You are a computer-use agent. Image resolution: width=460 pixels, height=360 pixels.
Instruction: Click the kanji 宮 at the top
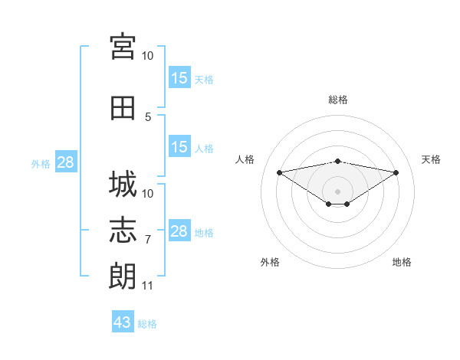123,47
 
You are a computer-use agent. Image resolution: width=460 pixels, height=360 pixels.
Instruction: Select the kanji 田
123,108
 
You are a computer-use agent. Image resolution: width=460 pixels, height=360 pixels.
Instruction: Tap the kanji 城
123,184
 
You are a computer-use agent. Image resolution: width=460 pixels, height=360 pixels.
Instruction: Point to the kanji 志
123,230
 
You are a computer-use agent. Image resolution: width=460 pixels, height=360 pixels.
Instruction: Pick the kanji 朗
123,276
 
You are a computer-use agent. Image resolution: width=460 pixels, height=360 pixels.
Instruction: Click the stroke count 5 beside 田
148,117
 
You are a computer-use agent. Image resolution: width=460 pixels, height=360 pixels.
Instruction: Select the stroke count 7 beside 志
148,240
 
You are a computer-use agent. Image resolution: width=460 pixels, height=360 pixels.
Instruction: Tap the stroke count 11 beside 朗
147,286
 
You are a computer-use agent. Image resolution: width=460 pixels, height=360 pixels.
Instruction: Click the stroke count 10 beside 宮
147,56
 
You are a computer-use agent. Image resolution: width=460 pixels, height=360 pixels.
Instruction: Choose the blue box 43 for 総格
123,321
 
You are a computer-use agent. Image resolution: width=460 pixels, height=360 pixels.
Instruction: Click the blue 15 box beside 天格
180,77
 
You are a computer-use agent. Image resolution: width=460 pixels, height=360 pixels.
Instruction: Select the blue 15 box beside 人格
180,146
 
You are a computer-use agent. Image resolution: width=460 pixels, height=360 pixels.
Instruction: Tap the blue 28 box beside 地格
180,230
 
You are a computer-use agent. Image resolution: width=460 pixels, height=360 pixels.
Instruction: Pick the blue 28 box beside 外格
66,162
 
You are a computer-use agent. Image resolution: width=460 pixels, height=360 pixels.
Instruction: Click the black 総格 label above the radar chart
338,100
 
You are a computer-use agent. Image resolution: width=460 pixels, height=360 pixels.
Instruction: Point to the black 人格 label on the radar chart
245,159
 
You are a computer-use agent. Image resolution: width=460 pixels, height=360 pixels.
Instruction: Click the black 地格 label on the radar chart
402,262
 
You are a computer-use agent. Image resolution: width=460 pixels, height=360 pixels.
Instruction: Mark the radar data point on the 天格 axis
396,172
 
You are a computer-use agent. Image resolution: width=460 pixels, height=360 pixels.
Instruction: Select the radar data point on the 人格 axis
280,172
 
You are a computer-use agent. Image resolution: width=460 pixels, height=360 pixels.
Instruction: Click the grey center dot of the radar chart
337,191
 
